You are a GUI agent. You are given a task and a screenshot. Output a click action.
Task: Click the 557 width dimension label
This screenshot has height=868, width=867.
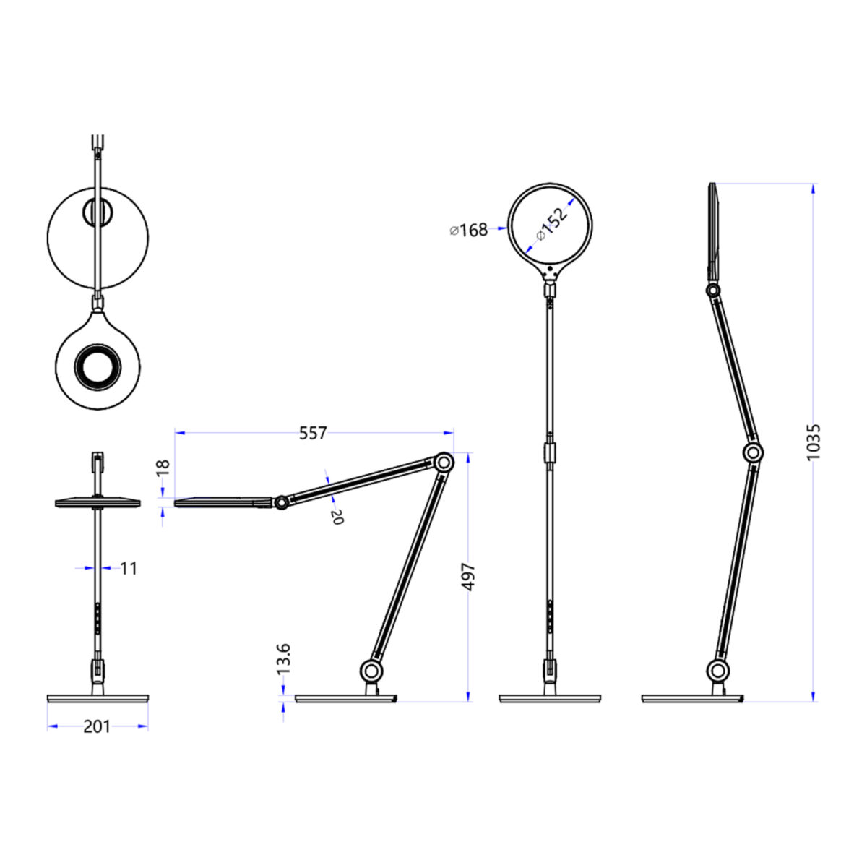pos(313,434)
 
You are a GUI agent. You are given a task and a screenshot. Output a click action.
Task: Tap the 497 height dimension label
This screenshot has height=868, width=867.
pos(468,577)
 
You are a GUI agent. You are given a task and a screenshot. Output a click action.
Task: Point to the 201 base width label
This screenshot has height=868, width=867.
pos(97,726)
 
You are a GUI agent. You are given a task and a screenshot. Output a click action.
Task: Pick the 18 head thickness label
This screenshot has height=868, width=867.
pos(163,466)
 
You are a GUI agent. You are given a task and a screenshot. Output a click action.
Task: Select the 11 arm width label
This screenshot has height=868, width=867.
pos(128,569)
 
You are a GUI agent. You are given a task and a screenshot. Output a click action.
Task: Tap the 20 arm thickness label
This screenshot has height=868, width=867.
pos(337,517)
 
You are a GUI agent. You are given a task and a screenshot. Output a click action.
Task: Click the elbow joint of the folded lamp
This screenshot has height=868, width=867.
pos(444,462)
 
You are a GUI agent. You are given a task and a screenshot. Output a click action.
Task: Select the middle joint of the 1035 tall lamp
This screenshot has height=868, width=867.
pos(753,453)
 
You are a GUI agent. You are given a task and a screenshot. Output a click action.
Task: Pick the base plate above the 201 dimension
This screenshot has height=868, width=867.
pos(98,699)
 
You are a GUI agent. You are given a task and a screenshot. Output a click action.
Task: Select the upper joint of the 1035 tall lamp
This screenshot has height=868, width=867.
pos(713,290)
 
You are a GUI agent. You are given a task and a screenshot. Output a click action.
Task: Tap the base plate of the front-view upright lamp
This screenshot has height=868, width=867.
pos(551,699)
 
